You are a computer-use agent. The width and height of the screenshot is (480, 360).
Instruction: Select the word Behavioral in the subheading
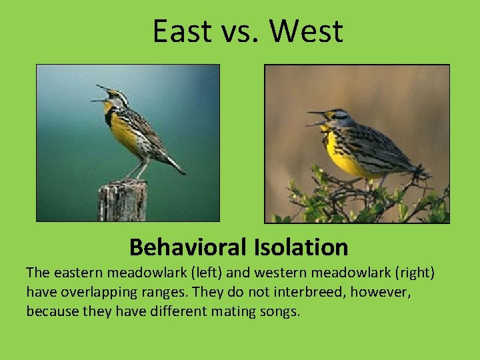[188, 247]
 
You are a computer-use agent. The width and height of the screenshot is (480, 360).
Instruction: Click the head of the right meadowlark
[339, 118]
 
